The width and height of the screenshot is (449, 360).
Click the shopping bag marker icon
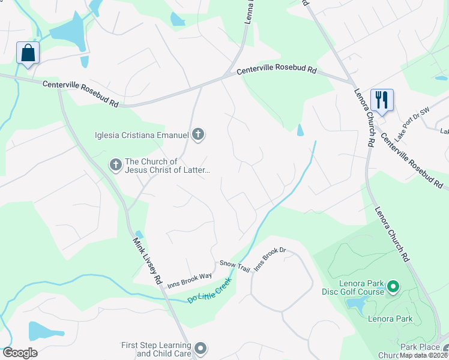point(28,53)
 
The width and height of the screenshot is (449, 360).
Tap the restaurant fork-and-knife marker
point(382,99)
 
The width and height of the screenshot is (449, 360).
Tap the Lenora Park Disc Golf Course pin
point(394,287)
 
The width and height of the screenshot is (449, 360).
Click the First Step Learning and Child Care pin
point(200,348)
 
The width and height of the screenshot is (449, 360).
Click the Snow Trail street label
point(234,266)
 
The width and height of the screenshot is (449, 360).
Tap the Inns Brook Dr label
point(268,258)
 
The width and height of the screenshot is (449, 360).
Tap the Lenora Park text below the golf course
point(390,319)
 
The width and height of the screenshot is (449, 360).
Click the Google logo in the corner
point(19,353)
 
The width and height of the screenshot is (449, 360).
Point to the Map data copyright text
point(424,355)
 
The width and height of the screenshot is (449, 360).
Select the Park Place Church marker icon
point(445,349)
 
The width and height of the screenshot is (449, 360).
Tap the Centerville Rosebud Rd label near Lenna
point(276,70)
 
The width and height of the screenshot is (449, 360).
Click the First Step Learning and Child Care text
point(156,349)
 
